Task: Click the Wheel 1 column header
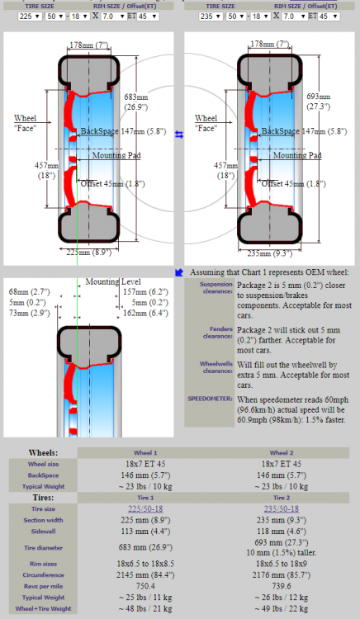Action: tap(145, 453)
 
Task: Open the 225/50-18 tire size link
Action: tap(145, 509)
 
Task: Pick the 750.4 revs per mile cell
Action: tap(145, 585)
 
